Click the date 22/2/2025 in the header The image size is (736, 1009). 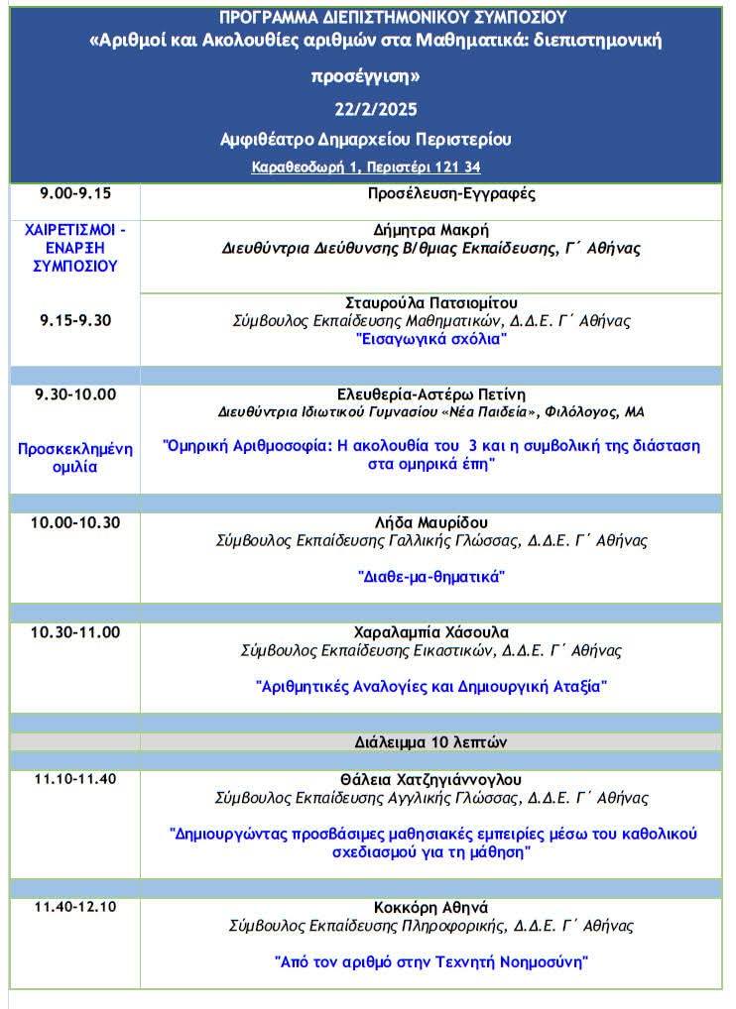(x=366, y=108)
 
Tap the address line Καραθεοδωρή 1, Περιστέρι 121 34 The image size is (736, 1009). (x=366, y=168)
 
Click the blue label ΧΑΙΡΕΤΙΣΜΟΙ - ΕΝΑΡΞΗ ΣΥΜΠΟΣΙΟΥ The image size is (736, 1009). (x=75, y=247)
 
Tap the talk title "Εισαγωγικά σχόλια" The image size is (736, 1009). (x=430, y=340)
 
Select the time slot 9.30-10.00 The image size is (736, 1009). (x=75, y=394)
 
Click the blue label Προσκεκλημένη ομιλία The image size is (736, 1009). (x=75, y=457)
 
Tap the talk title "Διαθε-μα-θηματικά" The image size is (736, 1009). (x=430, y=576)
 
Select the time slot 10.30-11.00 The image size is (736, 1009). (x=75, y=632)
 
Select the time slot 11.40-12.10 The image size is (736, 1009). (x=75, y=907)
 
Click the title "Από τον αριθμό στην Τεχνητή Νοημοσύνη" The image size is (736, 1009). (x=430, y=960)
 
